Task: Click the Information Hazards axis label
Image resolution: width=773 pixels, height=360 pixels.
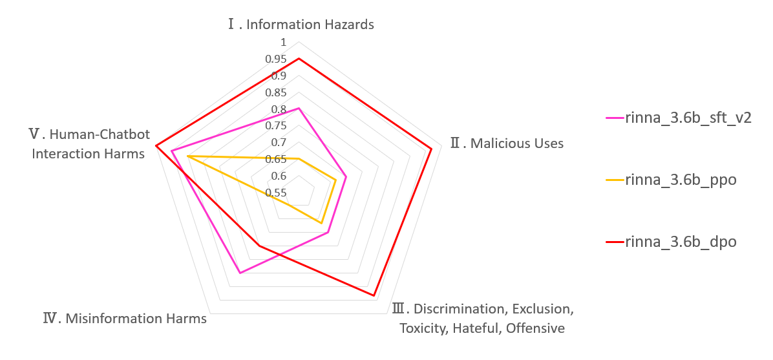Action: tap(301, 25)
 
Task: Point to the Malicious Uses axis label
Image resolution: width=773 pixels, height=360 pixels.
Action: tap(507, 143)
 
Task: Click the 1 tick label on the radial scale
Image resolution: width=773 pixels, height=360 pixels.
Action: tap(282, 43)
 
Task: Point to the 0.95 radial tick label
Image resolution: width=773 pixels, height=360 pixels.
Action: tap(276, 59)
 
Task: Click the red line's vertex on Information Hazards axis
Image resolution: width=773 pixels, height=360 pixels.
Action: tap(299, 59)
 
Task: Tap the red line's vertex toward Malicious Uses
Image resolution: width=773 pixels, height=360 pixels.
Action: tap(431, 149)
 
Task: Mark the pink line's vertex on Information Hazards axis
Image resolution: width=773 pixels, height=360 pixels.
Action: tap(299, 109)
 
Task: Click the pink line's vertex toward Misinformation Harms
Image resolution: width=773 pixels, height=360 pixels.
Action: tap(240, 273)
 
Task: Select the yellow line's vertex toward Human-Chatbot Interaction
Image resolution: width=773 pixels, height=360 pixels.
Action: tap(187, 156)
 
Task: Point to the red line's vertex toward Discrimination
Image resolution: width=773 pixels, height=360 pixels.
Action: tap(374, 296)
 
